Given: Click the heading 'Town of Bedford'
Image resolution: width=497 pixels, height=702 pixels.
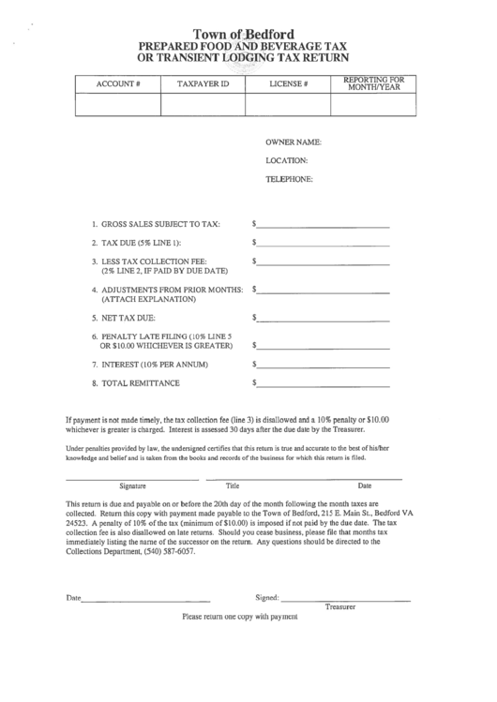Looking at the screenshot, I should (x=248, y=32).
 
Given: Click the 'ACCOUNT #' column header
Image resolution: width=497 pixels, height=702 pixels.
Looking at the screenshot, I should (x=118, y=84).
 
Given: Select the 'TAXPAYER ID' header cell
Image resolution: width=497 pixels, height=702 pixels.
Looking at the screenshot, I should (x=203, y=84).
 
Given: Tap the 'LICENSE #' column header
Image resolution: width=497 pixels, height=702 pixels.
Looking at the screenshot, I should (x=289, y=84).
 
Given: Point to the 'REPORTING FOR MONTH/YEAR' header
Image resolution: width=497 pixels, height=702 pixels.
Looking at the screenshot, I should (x=373, y=83).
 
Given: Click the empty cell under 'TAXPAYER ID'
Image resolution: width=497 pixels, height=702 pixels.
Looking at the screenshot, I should (x=203, y=104).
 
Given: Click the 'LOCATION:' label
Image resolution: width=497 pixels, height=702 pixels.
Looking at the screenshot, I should (x=287, y=160).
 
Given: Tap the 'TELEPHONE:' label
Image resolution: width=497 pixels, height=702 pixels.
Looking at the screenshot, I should (x=289, y=178).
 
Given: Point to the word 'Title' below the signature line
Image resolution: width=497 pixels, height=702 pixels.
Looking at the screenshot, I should (x=233, y=485).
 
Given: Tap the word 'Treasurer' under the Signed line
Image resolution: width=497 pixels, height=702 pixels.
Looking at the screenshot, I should (x=342, y=607).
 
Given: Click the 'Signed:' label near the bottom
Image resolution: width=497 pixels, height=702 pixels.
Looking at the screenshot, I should (x=267, y=597).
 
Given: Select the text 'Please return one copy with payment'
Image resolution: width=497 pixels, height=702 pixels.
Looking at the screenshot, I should (x=239, y=618).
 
